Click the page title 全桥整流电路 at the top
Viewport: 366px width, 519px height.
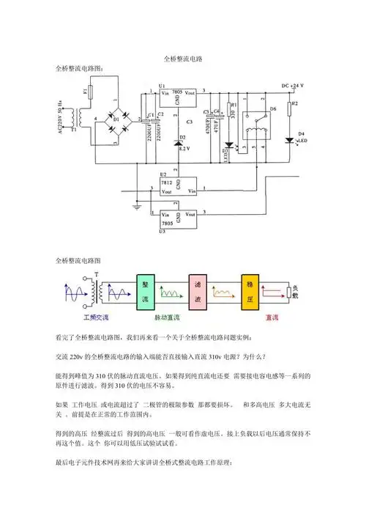click(182, 58)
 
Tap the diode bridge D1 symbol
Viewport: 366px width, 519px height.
click(115, 117)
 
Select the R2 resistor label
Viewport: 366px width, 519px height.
click(294, 105)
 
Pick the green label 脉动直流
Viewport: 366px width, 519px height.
click(173, 317)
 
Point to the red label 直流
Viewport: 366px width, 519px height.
click(271, 317)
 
